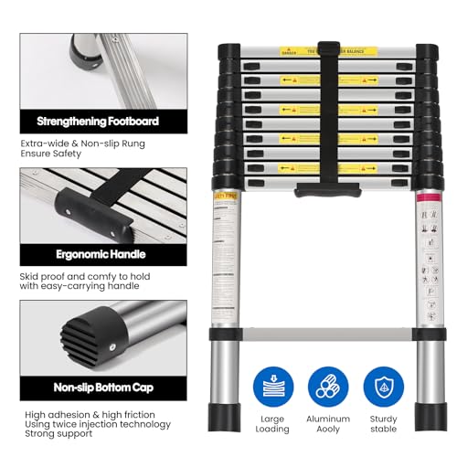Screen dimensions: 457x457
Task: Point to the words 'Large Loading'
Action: pyautogui.click(x=272, y=424)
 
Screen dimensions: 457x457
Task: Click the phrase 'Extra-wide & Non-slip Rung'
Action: pyautogui.click(x=83, y=144)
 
